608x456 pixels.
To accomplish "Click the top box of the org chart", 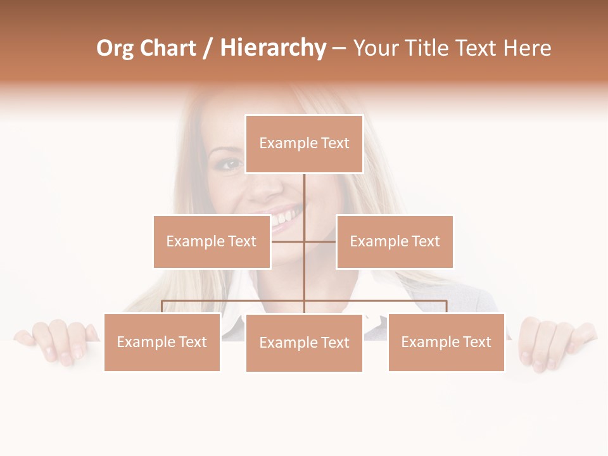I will (304, 144).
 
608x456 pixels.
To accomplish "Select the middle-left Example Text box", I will (212, 241).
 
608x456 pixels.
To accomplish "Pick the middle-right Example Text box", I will (395, 241).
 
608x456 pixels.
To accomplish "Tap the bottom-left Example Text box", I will (162, 342).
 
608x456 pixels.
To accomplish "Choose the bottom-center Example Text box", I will (304, 343).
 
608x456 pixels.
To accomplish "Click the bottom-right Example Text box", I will (446, 342).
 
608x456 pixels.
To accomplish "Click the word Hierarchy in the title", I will (273, 48).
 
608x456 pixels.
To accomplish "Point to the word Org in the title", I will (115, 48).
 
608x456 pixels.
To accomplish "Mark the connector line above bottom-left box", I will (162, 307).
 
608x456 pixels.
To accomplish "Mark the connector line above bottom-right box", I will (446, 307).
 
